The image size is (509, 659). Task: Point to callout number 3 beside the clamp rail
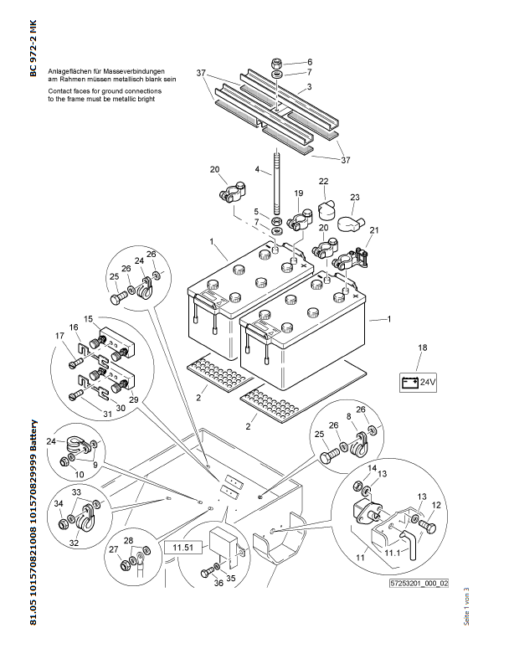pos(309,87)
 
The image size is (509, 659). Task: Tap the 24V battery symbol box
pos(421,383)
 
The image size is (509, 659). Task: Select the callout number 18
pos(423,347)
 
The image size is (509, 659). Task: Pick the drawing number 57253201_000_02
pos(419,584)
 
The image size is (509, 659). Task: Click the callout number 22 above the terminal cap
pos(323,182)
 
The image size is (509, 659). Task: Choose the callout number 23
pos(355,198)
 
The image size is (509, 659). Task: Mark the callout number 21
pos(374,230)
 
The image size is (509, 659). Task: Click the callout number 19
pos(297,193)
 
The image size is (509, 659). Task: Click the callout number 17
pos(59,337)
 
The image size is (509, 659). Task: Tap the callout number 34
pos(59,503)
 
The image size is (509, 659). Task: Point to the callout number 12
pos(436,505)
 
